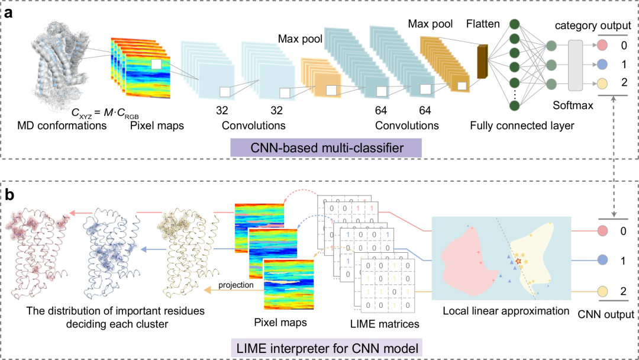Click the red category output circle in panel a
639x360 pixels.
pos(602,46)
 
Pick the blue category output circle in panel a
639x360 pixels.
pos(602,64)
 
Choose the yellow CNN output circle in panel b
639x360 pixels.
pos(602,291)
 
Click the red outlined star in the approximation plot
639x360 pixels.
pos(519,261)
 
